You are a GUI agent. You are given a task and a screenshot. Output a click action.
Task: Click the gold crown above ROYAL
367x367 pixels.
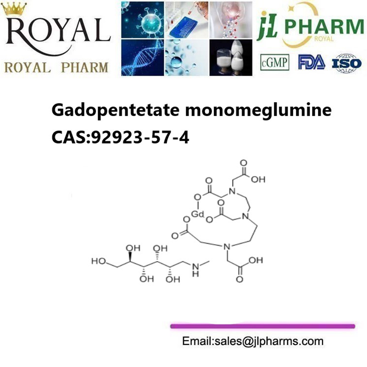click(x=14, y=8)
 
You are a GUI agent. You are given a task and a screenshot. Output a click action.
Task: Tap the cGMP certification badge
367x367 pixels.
click(x=274, y=62)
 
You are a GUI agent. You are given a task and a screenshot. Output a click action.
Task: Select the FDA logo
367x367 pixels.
click(x=311, y=62)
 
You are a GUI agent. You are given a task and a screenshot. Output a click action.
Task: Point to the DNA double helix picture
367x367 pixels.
click(x=143, y=58)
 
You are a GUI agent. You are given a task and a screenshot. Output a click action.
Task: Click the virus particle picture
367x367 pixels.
click(x=143, y=20)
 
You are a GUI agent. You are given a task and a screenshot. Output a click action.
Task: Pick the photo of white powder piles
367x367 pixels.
click(x=231, y=58)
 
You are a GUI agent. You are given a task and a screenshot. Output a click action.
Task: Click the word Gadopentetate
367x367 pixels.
click(x=115, y=110)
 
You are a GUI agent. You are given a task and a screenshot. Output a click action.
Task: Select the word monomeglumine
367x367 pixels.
click(x=258, y=110)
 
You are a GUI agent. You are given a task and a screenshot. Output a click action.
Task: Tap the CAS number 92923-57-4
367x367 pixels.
click(x=140, y=138)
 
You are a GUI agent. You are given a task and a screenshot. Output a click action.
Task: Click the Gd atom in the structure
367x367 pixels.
click(x=198, y=214)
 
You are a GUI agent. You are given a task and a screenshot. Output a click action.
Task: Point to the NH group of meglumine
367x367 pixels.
click(x=195, y=270)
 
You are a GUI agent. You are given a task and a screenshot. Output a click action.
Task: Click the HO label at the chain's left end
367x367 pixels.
click(x=99, y=261)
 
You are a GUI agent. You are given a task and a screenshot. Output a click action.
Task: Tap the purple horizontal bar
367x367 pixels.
click(x=262, y=326)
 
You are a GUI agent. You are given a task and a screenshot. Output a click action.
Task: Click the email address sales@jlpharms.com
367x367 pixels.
click(x=269, y=341)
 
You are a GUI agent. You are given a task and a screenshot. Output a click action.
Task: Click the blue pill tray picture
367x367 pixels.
click(x=187, y=20)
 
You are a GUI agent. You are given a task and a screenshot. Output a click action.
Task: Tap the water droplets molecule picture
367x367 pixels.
click(x=187, y=58)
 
